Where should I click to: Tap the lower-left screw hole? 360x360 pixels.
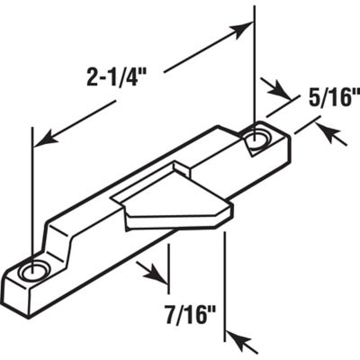pos(38,270)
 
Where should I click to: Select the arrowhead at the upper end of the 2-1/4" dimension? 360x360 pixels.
pos(240,30)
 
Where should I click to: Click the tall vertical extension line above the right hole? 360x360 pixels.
pos(254,63)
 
